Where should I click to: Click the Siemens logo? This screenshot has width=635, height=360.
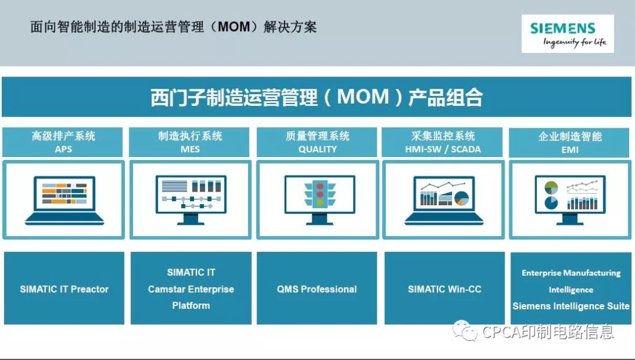coord(567,34)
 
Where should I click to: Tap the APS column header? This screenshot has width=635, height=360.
coord(63,142)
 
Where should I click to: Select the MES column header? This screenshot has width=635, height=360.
coord(189,142)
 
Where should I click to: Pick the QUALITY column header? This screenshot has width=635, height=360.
coord(317,142)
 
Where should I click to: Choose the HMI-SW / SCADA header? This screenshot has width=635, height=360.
coord(443,142)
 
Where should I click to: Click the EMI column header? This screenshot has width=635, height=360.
coord(569,142)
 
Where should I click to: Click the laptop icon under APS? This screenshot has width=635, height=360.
coord(65,200)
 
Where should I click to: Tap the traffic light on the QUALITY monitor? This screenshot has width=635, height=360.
coord(319,194)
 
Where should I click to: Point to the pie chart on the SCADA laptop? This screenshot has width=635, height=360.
coord(462,199)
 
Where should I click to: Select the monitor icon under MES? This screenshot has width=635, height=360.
coord(190,200)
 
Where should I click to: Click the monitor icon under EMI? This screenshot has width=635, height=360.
coord(570,200)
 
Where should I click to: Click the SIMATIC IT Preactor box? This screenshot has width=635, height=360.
coord(64,288)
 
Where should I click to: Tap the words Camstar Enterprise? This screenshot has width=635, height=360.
coord(190,289)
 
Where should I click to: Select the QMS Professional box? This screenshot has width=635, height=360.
coord(317,288)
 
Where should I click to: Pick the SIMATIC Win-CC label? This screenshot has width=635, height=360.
coord(444,289)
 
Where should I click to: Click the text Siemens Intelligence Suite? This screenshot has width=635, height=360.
coord(571,306)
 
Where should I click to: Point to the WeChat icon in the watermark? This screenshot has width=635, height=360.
coord(465,331)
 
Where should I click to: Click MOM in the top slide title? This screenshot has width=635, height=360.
coord(234,27)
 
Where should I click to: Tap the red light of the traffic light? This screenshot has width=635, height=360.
coord(320,186)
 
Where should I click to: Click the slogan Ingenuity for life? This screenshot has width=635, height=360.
coord(574,42)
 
